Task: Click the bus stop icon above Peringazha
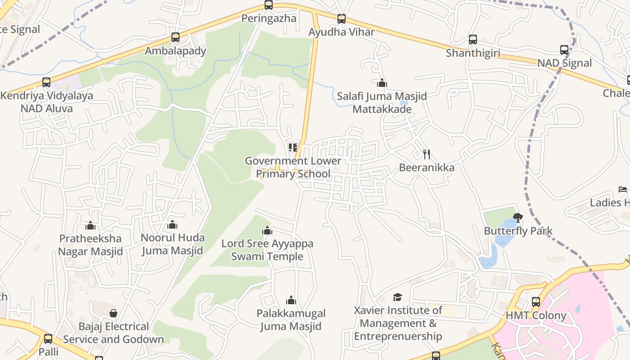(269, 5)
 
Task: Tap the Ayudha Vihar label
(342, 32)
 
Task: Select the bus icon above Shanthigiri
(472, 40)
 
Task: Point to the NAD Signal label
(564, 63)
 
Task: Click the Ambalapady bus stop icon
(175, 37)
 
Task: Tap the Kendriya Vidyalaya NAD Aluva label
(47, 102)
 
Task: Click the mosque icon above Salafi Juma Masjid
(382, 83)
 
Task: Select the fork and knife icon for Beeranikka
(427, 154)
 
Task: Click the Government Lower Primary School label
(293, 167)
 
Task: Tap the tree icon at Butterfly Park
(518, 218)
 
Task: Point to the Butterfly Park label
(518, 231)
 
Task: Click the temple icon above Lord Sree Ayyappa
(267, 231)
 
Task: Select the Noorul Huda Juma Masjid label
(173, 244)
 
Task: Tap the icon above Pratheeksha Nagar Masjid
(90, 225)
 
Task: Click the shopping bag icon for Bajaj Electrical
(113, 313)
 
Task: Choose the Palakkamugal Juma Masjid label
(291, 319)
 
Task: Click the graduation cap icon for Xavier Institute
(397, 297)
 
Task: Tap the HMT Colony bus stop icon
(535, 302)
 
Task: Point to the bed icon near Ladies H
(623, 189)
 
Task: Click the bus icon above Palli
(48, 339)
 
